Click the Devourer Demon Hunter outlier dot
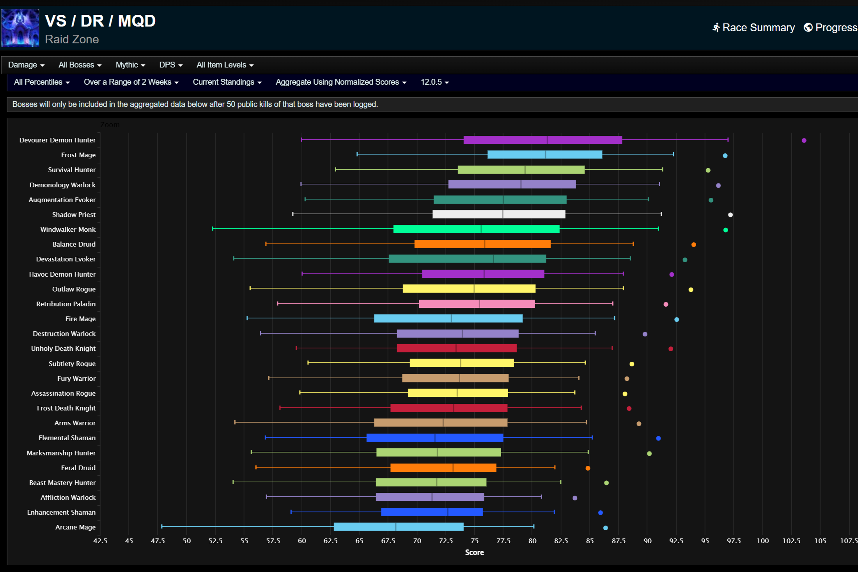click(804, 140)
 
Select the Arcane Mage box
click(399, 527)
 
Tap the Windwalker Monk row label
click(68, 229)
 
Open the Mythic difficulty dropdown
click(130, 65)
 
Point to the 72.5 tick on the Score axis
click(446, 541)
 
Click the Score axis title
click(474, 552)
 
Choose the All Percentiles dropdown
click(42, 82)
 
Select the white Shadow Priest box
click(499, 214)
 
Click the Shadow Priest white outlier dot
click(730, 215)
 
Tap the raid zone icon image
click(20, 28)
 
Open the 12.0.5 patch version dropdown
click(434, 82)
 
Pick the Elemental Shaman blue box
click(435, 438)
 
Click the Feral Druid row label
click(78, 468)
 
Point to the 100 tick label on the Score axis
click(763, 541)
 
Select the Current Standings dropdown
click(227, 82)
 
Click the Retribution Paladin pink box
click(477, 304)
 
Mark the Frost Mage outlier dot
click(725, 156)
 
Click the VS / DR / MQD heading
click(100, 21)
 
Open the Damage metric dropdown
click(26, 65)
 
